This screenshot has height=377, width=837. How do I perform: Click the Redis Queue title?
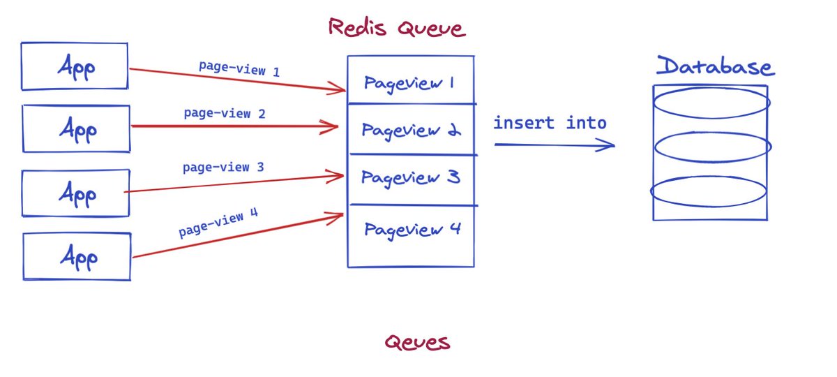395,28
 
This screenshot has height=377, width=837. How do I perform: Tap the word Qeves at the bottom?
417,342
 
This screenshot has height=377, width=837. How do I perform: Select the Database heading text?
715,67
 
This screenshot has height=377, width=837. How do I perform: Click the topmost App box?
75,66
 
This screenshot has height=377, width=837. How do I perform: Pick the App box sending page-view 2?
76,128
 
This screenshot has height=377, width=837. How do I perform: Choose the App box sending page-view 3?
76,193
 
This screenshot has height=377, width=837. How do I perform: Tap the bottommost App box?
77,257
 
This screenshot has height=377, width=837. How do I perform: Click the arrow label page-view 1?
239,69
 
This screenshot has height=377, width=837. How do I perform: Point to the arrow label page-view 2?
225,112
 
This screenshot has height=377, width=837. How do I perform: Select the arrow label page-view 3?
223,168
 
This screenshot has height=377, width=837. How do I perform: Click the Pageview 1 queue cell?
410,82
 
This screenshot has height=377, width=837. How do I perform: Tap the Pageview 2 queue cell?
410,130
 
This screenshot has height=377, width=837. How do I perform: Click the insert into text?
550,124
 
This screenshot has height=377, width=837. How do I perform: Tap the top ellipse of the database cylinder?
711,102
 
